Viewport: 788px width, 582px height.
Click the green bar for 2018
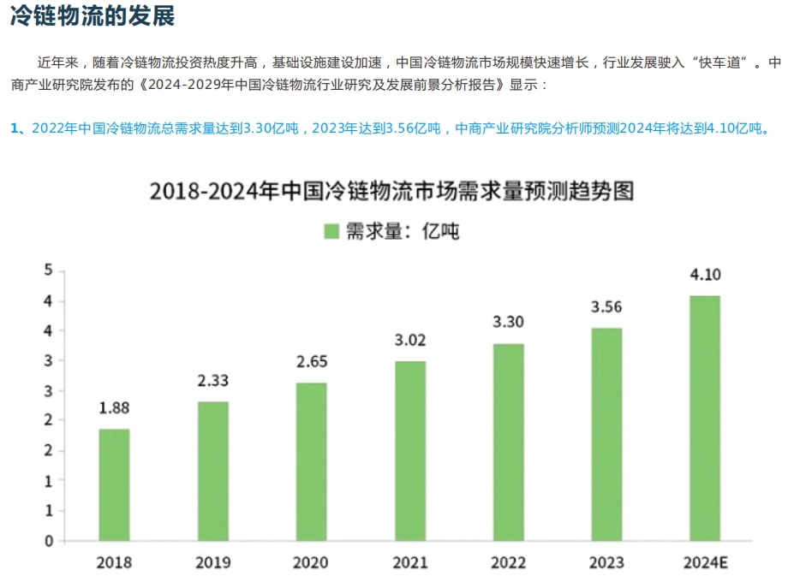pyautogui.click(x=114, y=484)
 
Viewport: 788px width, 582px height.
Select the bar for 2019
pyautogui.click(x=212, y=471)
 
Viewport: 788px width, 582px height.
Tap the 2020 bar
pyautogui.click(x=311, y=461)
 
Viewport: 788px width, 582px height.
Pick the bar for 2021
pyautogui.click(x=409, y=450)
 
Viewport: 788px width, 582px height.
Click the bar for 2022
pyautogui.click(x=508, y=442)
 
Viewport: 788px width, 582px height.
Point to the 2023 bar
pyautogui.click(x=606, y=434)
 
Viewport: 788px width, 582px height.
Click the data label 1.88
pyautogui.click(x=114, y=408)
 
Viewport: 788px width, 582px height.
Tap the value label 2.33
pyautogui.click(x=212, y=381)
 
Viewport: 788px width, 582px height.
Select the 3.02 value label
pyautogui.click(x=409, y=341)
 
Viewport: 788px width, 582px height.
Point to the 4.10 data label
pyautogui.click(x=705, y=276)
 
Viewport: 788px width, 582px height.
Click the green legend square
pyautogui.click(x=332, y=231)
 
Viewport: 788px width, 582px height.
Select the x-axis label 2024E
pyautogui.click(x=705, y=562)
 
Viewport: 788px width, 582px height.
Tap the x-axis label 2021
pyautogui.click(x=409, y=562)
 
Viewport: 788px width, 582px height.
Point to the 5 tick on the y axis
pyautogui.click(x=49, y=271)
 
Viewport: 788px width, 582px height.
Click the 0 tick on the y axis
pyautogui.click(x=49, y=541)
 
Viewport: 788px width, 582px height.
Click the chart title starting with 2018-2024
pyautogui.click(x=391, y=190)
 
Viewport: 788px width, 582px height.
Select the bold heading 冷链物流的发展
pyautogui.click(x=93, y=18)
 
